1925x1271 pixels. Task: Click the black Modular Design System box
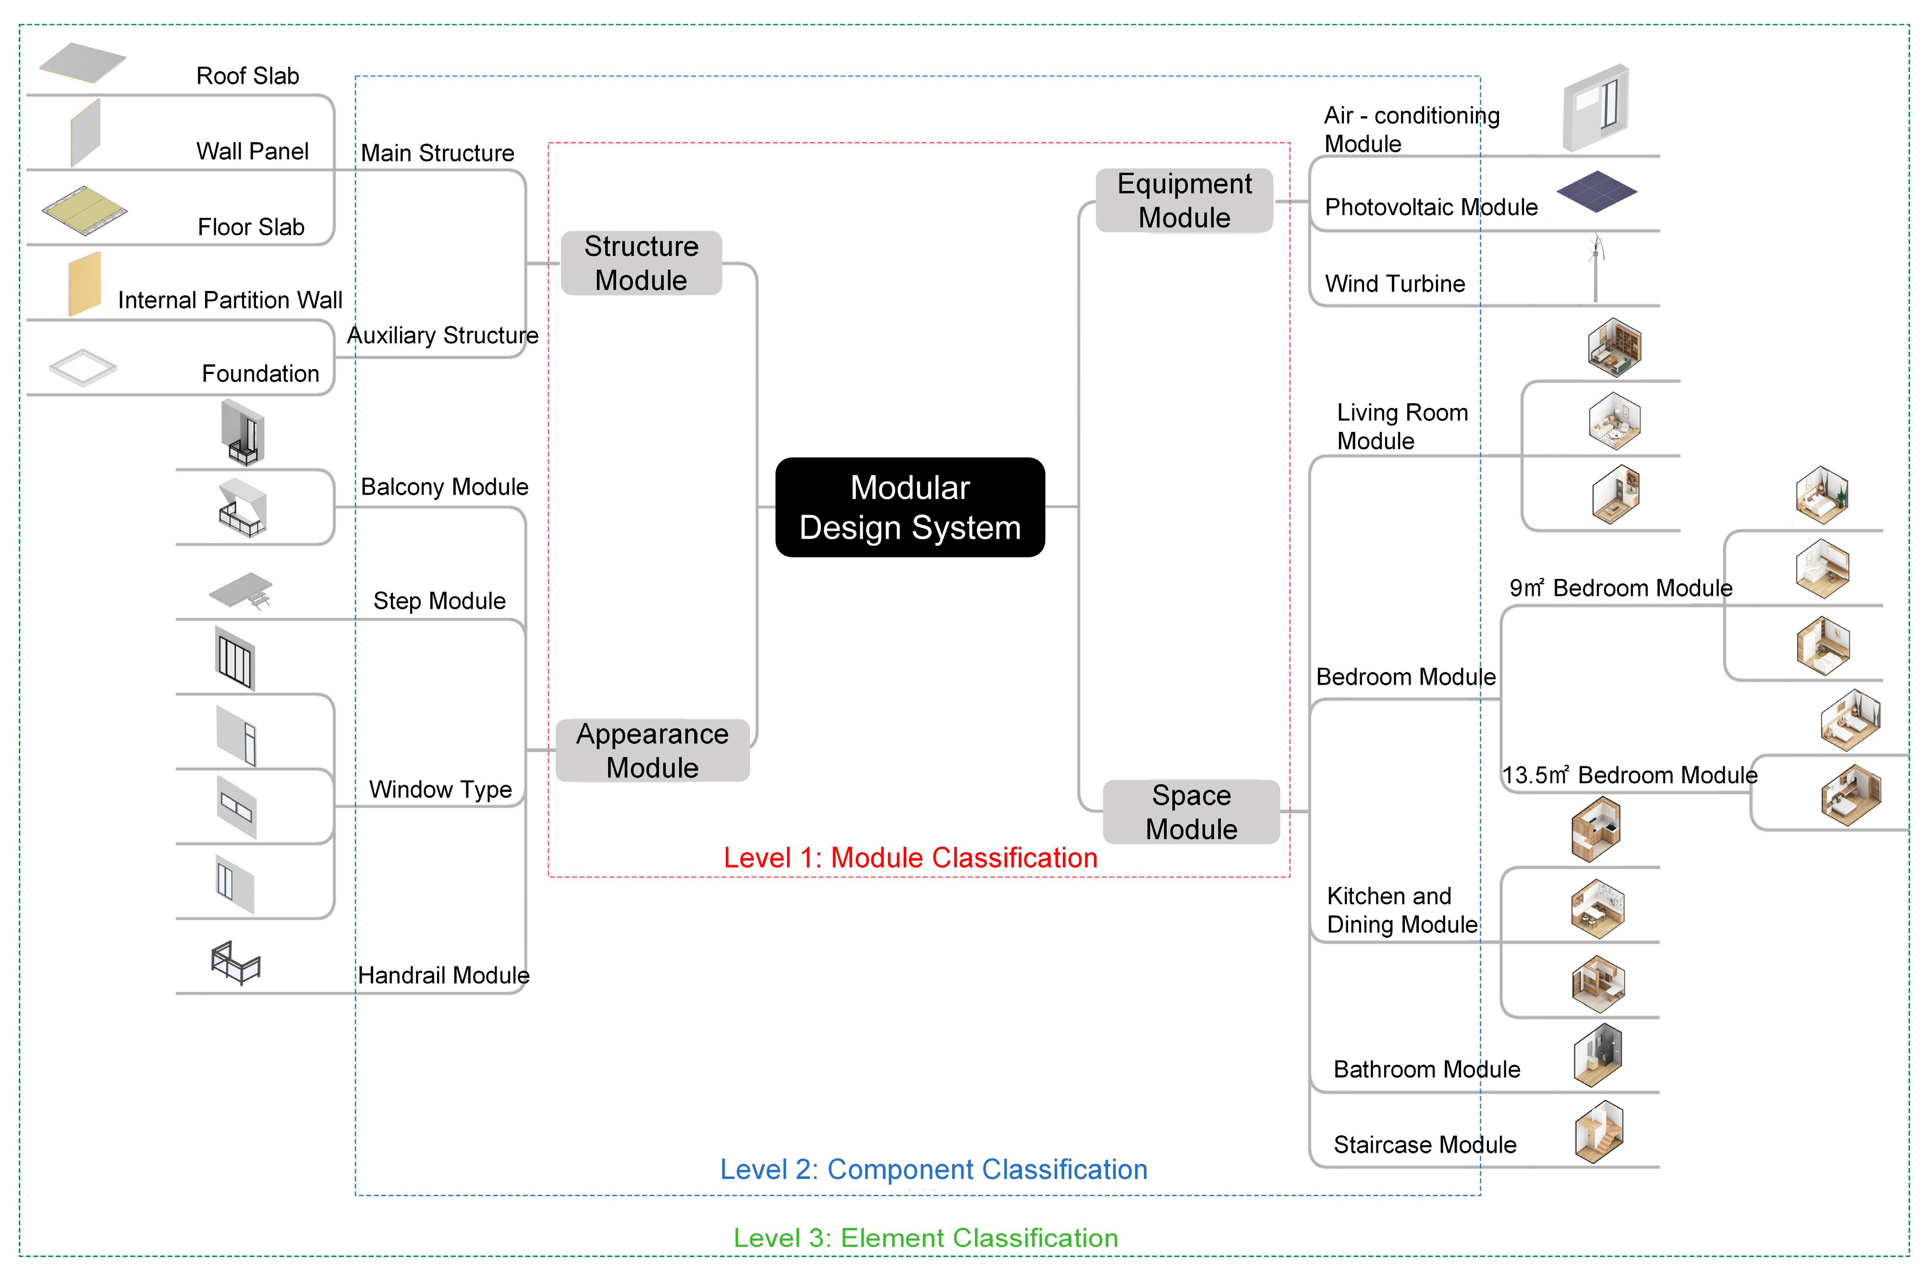tap(909, 507)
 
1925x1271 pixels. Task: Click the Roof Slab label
tap(247, 76)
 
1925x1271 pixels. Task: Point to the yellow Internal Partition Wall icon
tap(85, 284)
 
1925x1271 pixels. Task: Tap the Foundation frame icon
tap(83, 368)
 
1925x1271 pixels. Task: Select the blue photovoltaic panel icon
tap(1596, 192)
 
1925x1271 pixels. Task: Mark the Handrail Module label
tap(443, 975)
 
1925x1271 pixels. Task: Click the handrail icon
tap(235, 962)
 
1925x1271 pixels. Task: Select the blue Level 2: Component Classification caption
tap(933, 1170)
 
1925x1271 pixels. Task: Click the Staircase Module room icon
tap(1598, 1132)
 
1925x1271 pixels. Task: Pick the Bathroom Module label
tap(1426, 1069)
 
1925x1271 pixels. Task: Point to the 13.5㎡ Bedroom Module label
tap(1629, 775)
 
